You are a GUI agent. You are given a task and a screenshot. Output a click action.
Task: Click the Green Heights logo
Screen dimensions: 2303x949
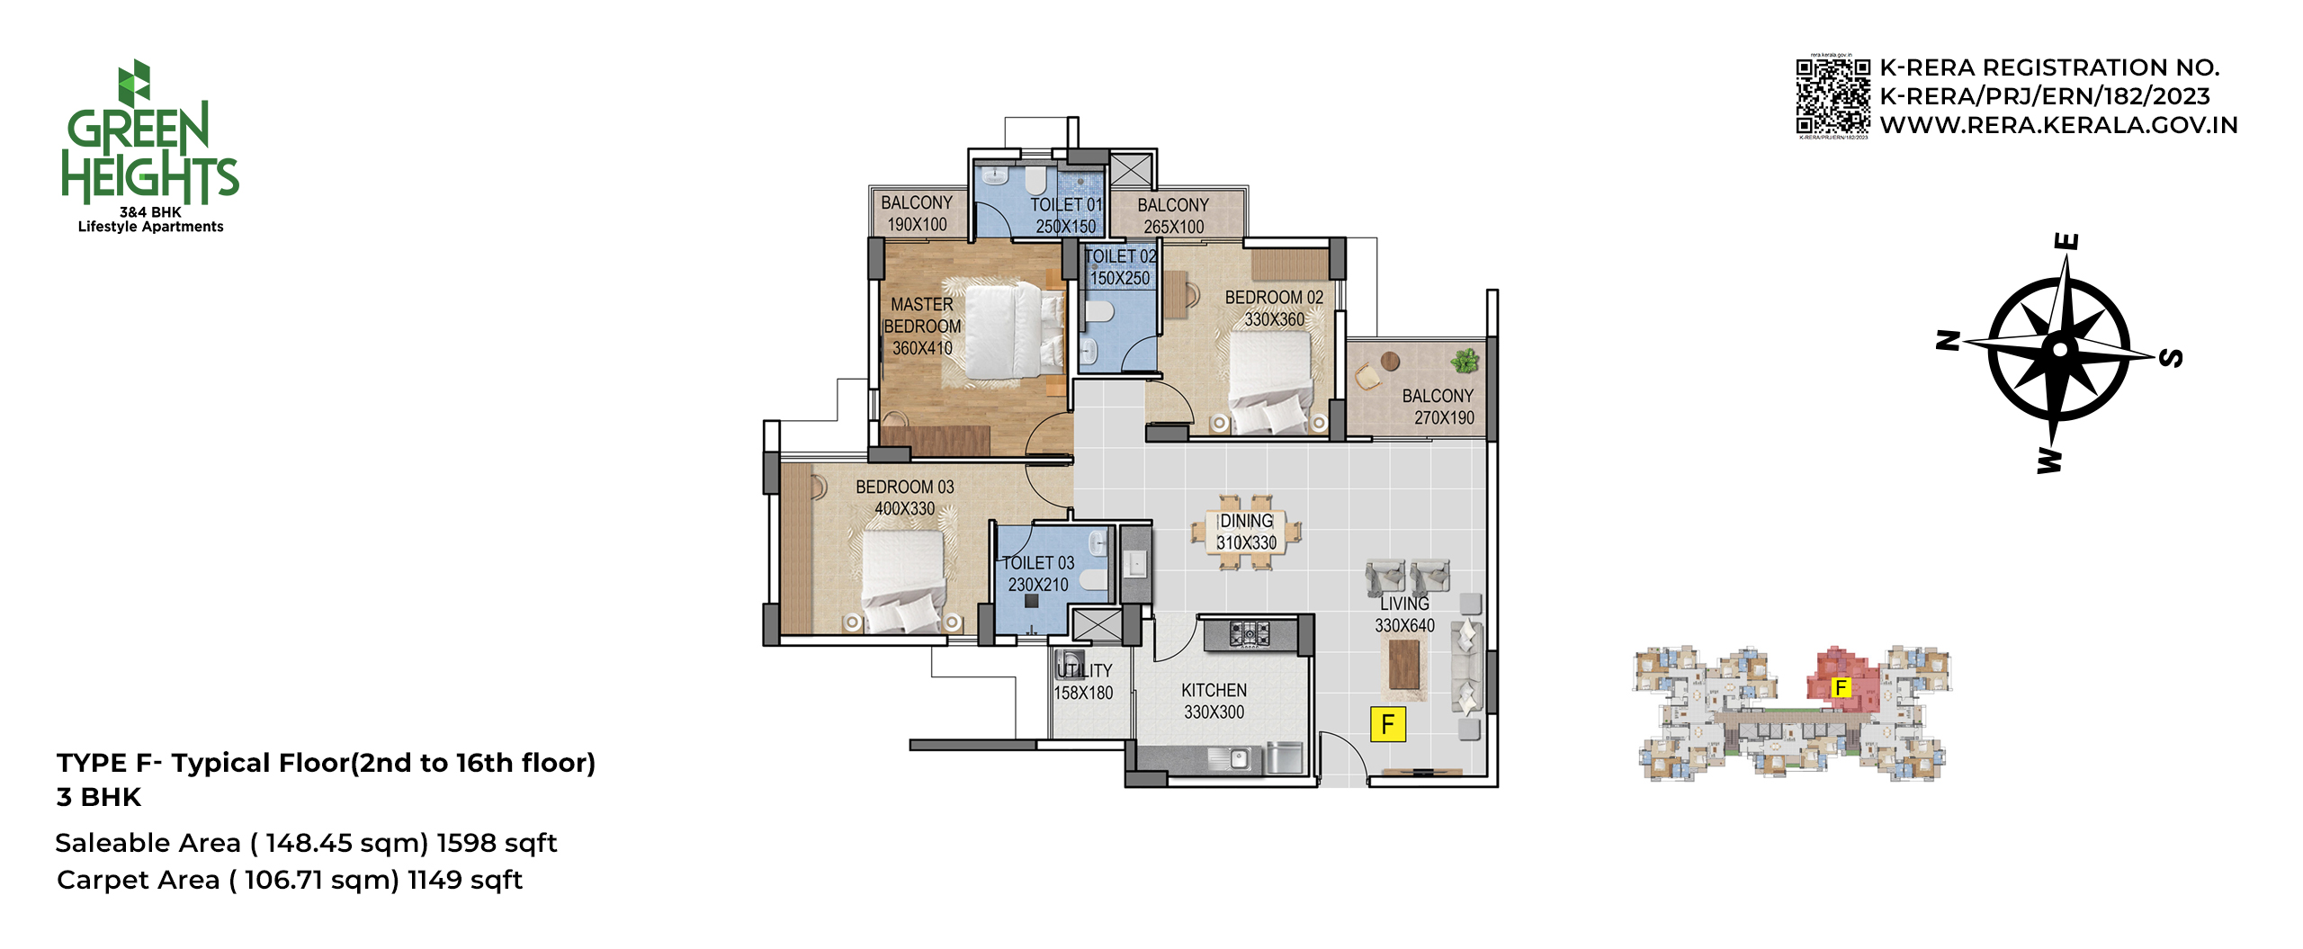tap(149, 147)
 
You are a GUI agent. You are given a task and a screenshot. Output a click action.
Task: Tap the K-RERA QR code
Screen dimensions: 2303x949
tap(1833, 96)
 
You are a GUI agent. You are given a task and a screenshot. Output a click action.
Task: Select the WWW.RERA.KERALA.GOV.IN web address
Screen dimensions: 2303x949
tap(2058, 125)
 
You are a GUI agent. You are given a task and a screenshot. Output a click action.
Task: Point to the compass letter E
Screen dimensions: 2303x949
tap(2067, 241)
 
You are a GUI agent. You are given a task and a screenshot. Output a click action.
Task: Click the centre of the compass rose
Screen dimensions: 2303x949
tap(2060, 349)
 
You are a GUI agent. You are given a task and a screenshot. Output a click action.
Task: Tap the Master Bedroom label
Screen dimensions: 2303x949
tap(922, 315)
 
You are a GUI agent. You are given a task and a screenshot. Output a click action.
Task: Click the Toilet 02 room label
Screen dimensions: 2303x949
tap(1120, 256)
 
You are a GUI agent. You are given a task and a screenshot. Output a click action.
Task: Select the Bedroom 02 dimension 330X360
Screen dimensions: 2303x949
tap(1274, 319)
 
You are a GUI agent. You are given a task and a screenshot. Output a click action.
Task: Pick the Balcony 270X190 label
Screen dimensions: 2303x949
tap(1438, 407)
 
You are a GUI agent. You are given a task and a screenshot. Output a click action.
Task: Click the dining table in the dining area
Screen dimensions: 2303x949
tap(1247, 532)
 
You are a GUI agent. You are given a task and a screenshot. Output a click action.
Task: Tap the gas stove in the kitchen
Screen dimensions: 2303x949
tap(1249, 633)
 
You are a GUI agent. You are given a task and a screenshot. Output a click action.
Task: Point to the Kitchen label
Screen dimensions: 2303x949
tap(1214, 690)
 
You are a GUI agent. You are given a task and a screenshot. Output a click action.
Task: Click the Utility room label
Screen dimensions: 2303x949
tap(1084, 671)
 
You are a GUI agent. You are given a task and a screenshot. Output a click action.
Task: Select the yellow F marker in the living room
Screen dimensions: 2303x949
tap(1387, 724)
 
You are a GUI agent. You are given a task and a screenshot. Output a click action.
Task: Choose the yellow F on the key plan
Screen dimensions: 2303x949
tap(1842, 688)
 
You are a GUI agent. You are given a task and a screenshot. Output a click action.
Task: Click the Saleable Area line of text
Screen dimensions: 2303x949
tap(307, 843)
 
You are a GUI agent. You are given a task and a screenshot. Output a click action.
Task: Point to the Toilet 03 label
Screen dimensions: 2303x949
tap(1038, 563)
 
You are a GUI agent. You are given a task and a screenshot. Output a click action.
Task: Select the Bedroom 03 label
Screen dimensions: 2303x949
tap(905, 487)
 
